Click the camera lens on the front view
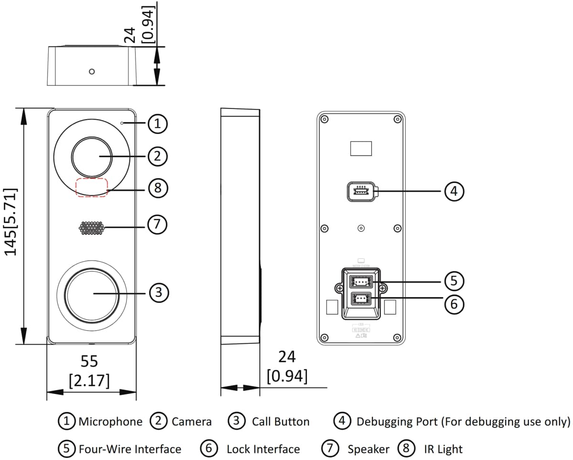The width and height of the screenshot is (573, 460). [x=92, y=156]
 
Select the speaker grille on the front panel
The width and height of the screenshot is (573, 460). [x=92, y=228]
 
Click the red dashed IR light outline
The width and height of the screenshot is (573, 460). [x=92, y=187]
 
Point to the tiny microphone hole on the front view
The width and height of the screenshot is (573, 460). [x=122, y=124]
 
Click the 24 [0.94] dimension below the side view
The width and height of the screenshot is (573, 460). [x=287, y=366]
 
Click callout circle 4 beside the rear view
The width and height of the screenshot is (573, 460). [x=454, y=191]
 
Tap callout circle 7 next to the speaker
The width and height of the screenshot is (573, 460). [x=157, y=224]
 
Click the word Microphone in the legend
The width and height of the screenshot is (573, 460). [x=110, y=422]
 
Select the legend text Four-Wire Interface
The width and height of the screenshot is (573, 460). [x=130, y=449]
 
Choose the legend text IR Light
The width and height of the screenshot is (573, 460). [x=443, y=449]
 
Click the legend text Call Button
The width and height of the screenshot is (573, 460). [x=280, y=422]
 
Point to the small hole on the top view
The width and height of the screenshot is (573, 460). [x=92, y=72]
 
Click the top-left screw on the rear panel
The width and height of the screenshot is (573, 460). [x=324, y=119]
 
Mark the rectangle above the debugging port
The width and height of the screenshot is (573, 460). [x=361, y=148]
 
